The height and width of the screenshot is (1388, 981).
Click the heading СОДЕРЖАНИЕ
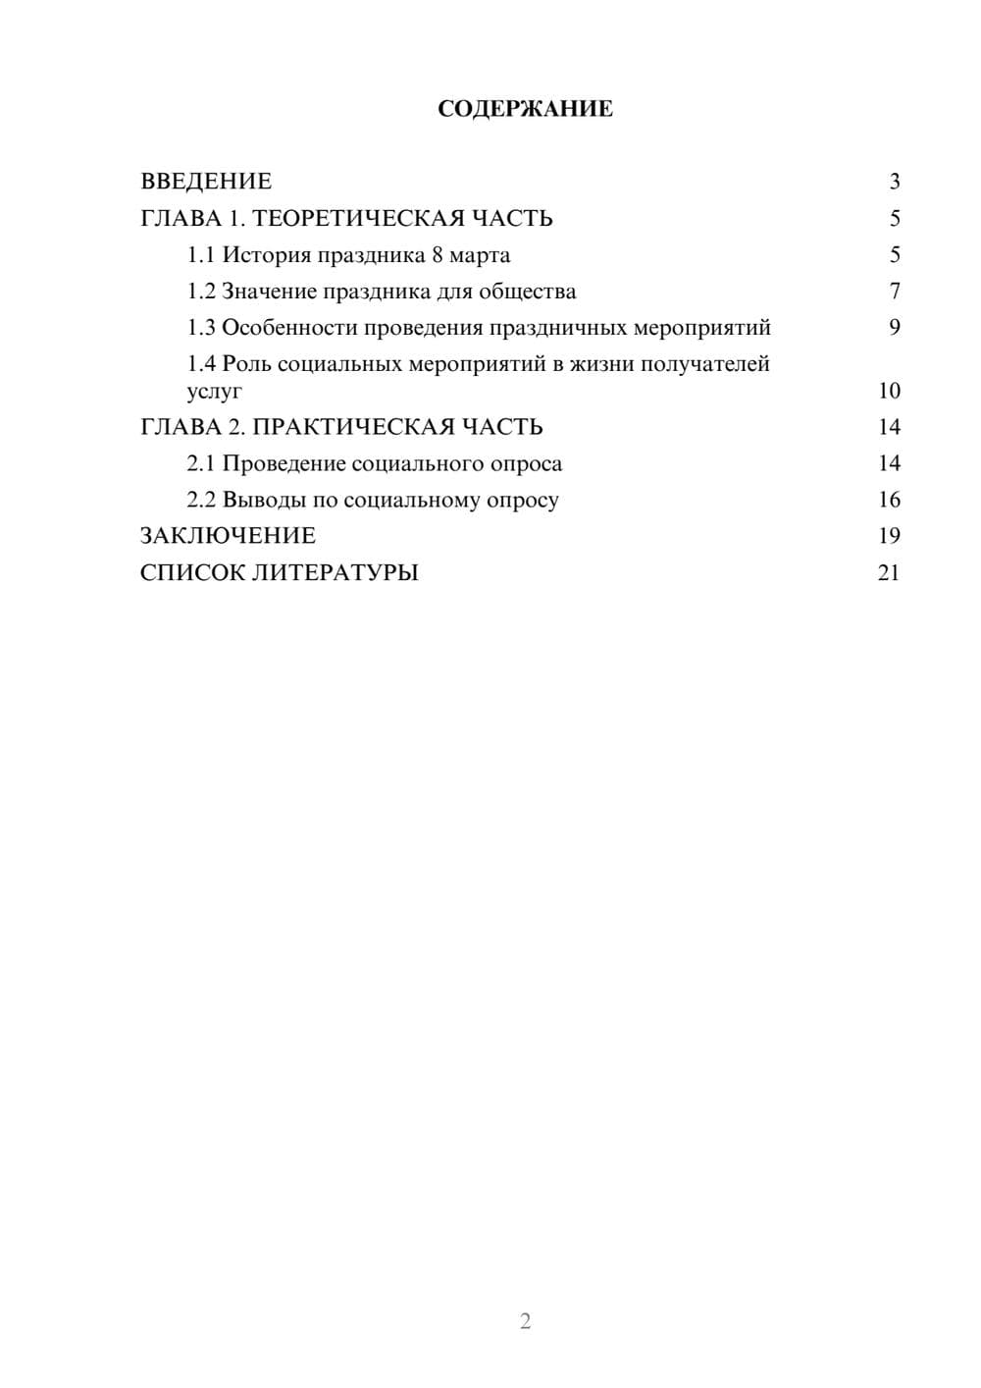525,109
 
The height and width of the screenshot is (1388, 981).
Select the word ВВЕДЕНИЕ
206,182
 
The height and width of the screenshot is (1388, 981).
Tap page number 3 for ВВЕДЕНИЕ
894,182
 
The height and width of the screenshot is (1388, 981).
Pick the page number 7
894,292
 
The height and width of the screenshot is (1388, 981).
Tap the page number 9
894,328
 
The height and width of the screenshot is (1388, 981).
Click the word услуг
214,392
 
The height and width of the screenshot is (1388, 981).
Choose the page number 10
889,391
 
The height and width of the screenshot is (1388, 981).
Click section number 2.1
201,463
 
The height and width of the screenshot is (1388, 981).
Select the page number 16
889,500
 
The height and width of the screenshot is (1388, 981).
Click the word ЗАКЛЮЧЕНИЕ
228,536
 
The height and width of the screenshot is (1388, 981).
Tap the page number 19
889,536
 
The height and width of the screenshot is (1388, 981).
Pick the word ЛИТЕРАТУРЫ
336,572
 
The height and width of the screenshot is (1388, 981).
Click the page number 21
889,572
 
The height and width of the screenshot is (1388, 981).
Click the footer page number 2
525,1321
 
